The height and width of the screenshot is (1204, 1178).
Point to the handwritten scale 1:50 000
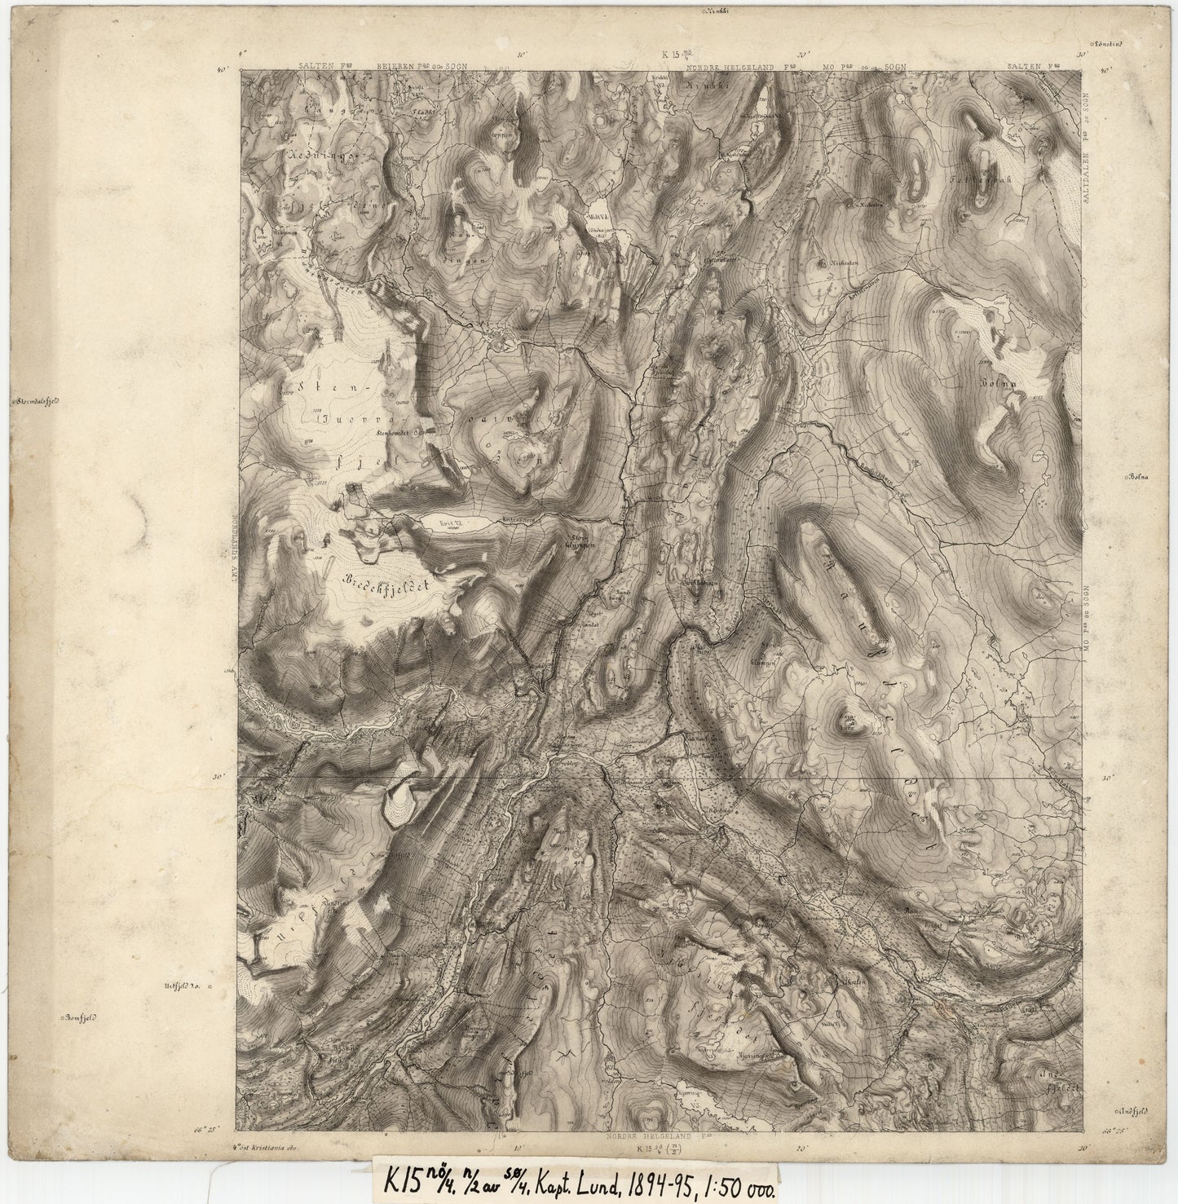tap(738, 1180)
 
